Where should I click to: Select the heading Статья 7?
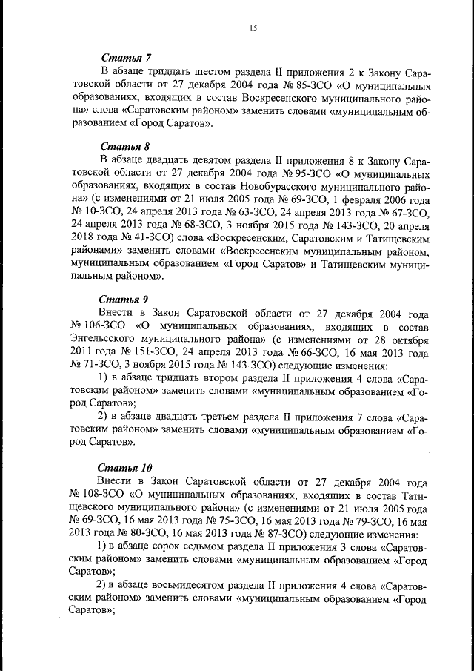(x=125, y=58)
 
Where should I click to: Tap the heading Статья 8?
(x=125, y=146)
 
